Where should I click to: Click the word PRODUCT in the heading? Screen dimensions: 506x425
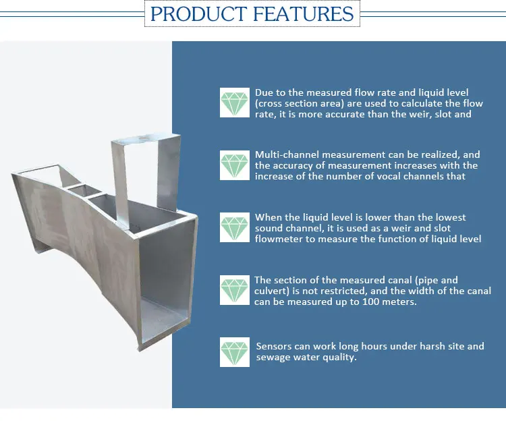coord(198,14)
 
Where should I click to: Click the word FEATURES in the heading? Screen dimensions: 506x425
coord(304,14)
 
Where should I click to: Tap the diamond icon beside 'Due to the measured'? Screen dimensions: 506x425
coord(235,103)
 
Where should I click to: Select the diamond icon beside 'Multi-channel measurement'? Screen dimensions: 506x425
coord(235,165)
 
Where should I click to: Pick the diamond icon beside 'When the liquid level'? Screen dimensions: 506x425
coord(235,227)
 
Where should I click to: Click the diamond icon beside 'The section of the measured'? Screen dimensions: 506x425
coord(235,290)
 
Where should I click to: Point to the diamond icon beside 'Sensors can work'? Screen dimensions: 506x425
coord(235,352)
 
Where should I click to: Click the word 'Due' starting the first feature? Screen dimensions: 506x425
coord(263,92)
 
